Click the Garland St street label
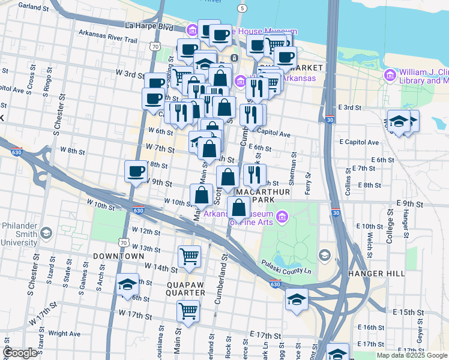[34, 7]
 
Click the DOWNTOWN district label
[118, 256]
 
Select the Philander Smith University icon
[47, 232]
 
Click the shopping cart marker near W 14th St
[189, 256]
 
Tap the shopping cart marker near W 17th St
[188, 311]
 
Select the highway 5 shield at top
[242, 8]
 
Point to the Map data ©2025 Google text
[411, 355]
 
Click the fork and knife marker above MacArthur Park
[255, 175]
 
